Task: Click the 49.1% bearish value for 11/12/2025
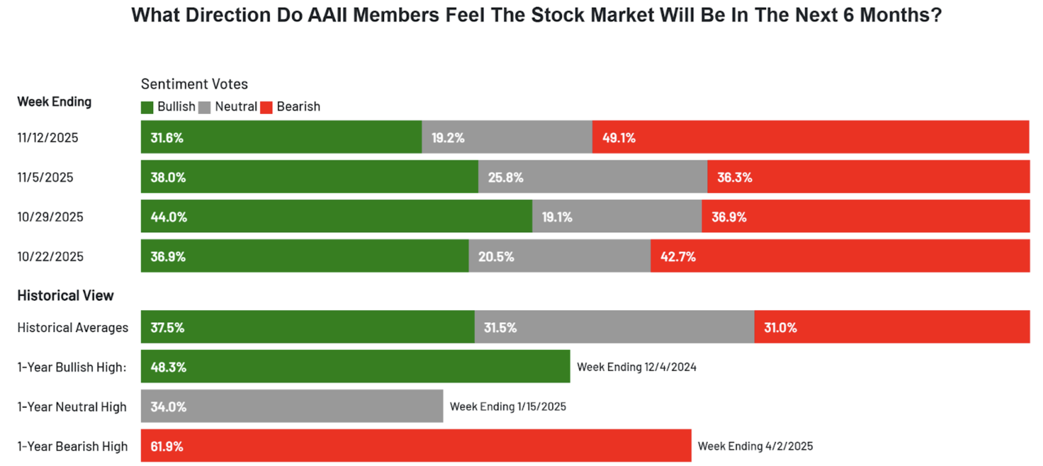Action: [x=619, y=137]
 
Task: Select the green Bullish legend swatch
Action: [x=147, y=107]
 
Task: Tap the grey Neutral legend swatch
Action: [x=204, y=107]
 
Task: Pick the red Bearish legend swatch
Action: [x=266, y=107]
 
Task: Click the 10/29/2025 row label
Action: [x=50, y=217]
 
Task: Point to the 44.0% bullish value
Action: [x=168, y=217]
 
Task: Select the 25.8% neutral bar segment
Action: [x=592, y=177]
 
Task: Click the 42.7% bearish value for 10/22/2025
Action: [x=678, y=256]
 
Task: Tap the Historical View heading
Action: [x=65, y=295]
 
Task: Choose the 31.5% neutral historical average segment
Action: [x=614, y=327]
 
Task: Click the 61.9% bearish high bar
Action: [x=416, y=446]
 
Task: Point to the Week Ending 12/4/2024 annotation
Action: [x=636, y=367]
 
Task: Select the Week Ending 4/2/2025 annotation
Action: [x=755, y=446]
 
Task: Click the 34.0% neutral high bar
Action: [x=292, y=406]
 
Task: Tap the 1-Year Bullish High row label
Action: [x=72, y=367]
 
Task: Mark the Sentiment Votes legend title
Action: [x=194, y=84]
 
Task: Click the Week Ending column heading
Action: [x=54, y=102]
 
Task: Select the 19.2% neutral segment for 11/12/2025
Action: [x=506, y=137]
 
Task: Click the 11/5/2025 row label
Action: [x=45, y=177]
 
